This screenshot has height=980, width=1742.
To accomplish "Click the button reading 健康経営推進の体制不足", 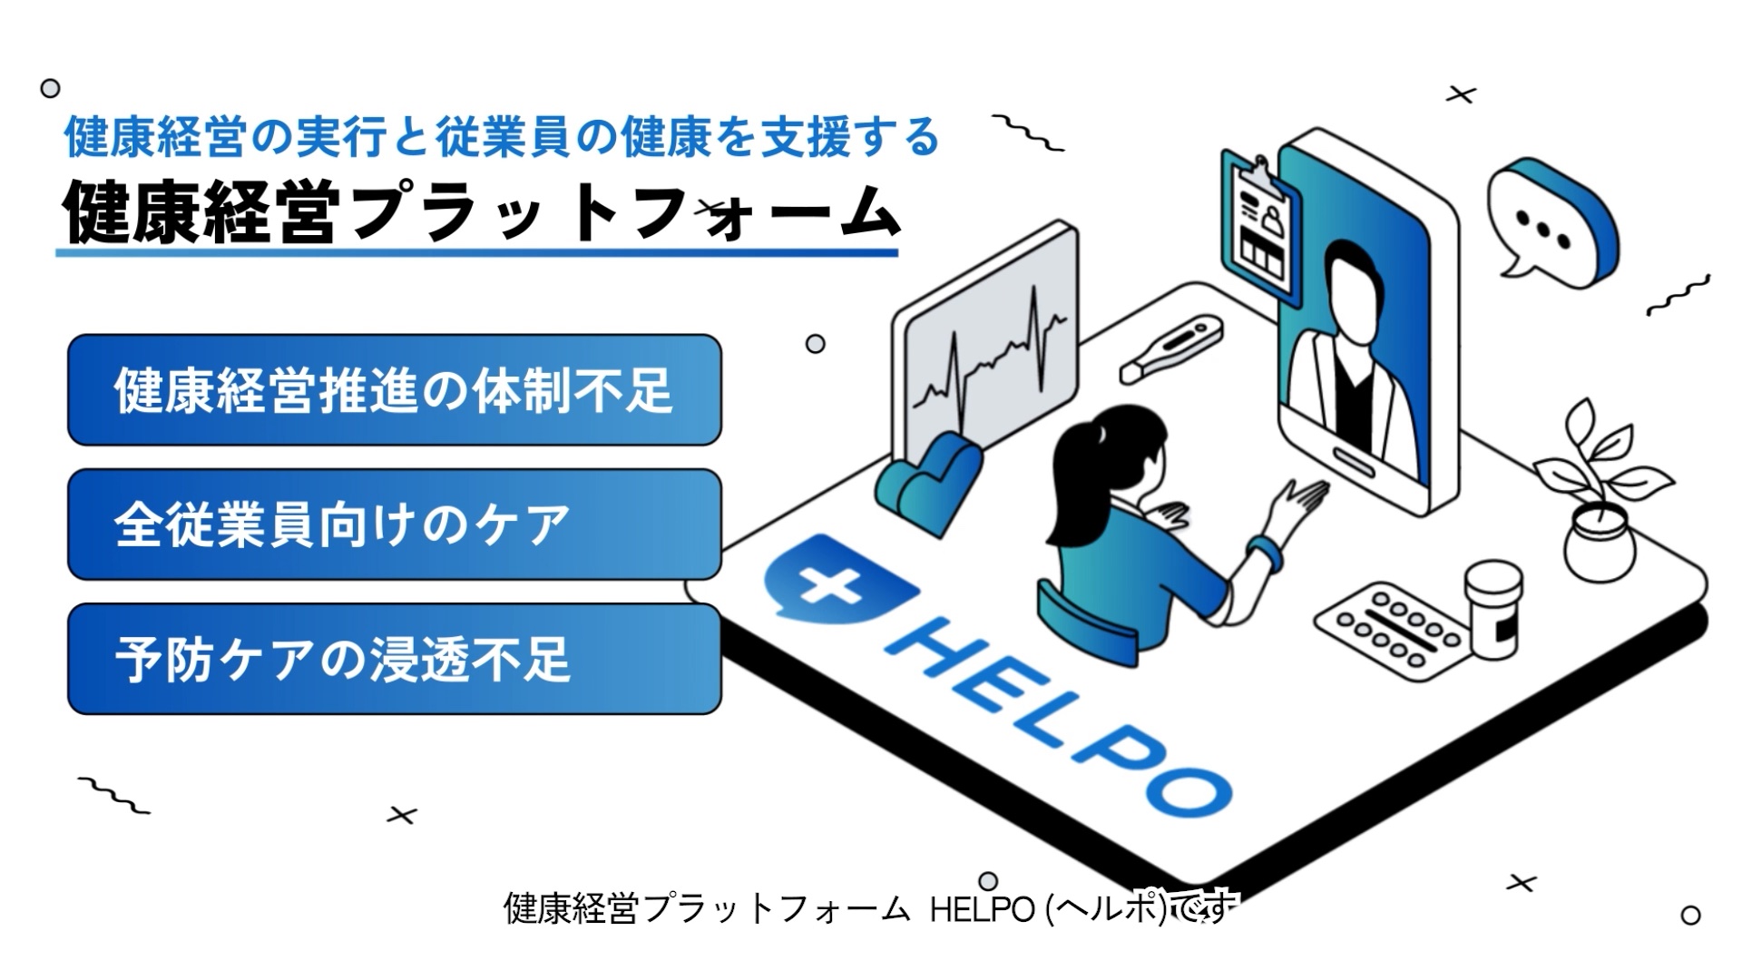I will click(394, 390).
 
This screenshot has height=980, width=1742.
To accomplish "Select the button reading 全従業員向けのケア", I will click(394, 524).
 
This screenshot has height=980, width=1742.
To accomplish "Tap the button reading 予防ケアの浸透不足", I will click(394, 659).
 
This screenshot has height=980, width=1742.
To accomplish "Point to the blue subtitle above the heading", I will click(501, 137).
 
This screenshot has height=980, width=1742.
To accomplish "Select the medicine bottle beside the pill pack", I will click(1492, 608).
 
